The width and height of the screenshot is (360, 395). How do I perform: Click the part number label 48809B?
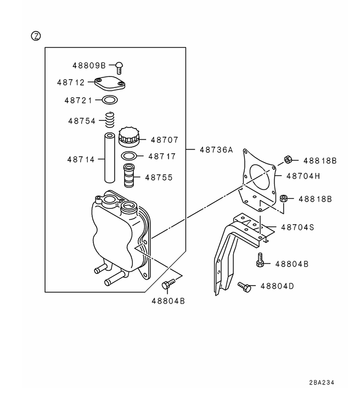[x=89, y=65]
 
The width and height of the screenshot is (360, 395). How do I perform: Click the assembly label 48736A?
[x=216, y=149]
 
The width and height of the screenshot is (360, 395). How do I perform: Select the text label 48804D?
[x=277, y=286]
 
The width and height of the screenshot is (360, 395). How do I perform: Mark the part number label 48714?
[x=81, y=160]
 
